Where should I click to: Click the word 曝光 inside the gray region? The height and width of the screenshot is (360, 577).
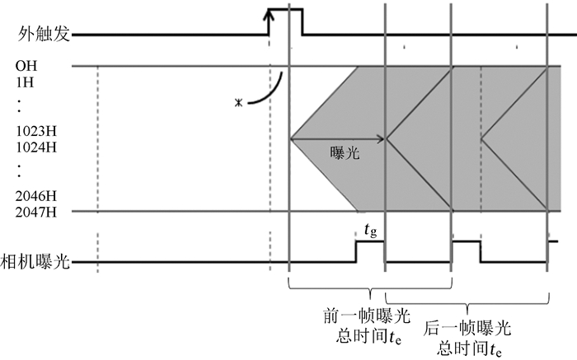coord(345,154)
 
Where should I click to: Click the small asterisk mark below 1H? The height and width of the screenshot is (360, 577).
coord(237,103)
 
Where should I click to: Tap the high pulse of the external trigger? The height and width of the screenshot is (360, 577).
coord(284,10)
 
